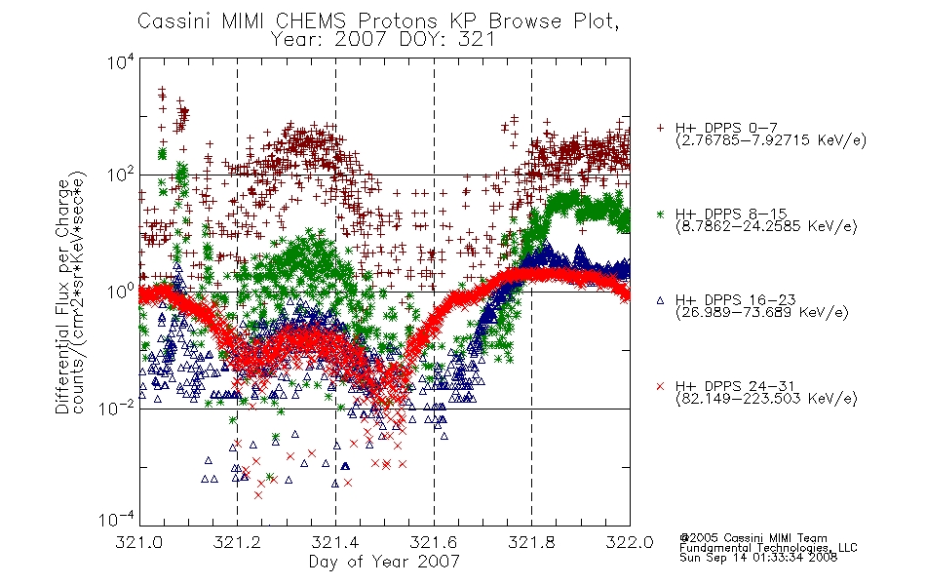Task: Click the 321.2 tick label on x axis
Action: click(x=238, y=542)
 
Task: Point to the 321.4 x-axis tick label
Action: click(x=335, y=542)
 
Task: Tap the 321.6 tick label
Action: click(x=434, y=542)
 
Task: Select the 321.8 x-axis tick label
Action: click(x=531, y=542)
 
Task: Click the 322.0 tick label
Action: click(x=630, y=542)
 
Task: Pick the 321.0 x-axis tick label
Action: click(x=139, y=542)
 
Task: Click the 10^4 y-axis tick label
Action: click(x=121, y=61)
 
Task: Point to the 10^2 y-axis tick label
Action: click(x=121, y=175)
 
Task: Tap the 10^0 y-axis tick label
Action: click(x=121, y=292)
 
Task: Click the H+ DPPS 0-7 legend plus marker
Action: click(x=660, y=128)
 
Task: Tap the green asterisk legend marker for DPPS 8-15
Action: click(x=660, y=214)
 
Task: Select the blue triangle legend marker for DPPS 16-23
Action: click(x=660, y=300)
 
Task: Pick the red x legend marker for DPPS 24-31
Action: click(x=660, y=386)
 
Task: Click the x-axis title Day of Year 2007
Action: click(x=384, y=562)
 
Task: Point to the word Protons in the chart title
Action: click(x=398, y=21)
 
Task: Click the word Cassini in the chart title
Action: click(x=174, y=21)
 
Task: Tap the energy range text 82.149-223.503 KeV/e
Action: click(x=766, y=399)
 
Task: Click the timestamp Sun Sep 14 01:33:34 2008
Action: click(x=758, y=558)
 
